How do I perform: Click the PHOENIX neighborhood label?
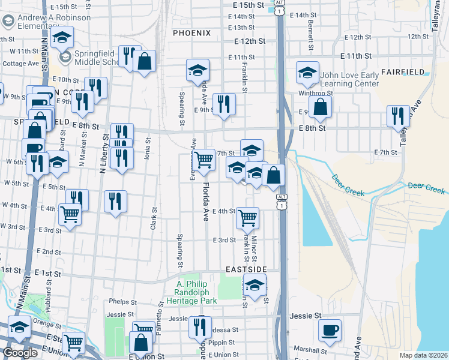click(x=191, y=32)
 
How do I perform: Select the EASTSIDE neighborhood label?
click(x=246, y=270)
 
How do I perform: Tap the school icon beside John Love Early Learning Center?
click(x=307, y=74)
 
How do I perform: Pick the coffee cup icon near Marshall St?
click(x=329, y=329)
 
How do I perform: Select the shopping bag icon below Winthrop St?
click(x=321, y=107)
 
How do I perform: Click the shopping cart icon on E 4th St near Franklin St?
click(x=247, y=218)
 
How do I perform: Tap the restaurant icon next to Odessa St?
click(x=199, y=328)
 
